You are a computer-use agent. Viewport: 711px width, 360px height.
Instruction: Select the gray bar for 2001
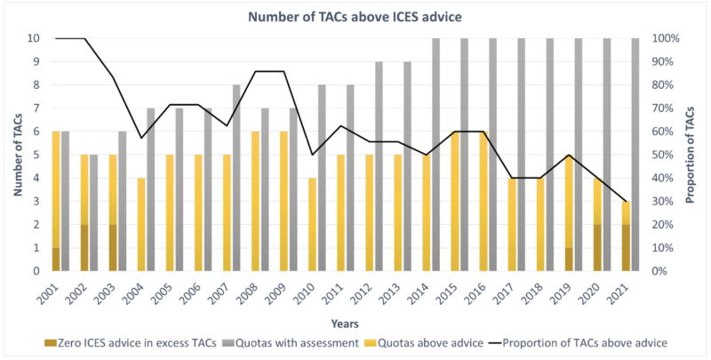point(65,201)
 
